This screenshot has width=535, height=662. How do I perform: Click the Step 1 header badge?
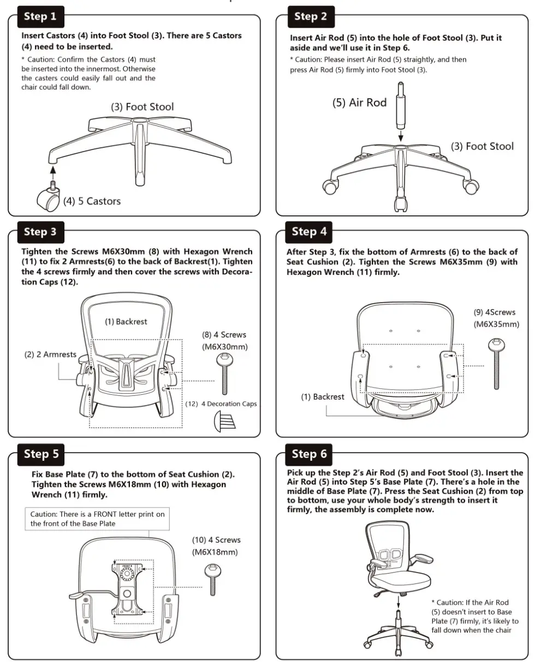pyautogui.click(x=40, y=16)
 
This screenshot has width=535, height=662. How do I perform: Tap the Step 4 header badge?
pyautogui.click(x=310, y=231)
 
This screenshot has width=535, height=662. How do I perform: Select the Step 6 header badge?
pyautogui.click(x=309, y=454)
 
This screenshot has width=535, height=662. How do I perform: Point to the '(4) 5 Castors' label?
pyautogui.click(x=92, y=201)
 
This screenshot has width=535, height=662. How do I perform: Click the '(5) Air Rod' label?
pyautogui.click(x=359, y=103)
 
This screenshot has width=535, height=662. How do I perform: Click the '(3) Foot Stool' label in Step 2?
pyautogui.click(x=482, y=146)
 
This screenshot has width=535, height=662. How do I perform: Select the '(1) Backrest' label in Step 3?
pyautogui.click(x=126, y=322)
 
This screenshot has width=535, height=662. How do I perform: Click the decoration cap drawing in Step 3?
pyautogui.click(x=225, y=422)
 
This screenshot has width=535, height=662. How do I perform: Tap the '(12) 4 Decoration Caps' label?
pyautogui.click(x=221, y=404)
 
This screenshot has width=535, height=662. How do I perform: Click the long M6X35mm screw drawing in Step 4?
pyautogui.click(x=496, y=363)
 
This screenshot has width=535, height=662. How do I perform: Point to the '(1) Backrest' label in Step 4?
pyautogui.click(x=323, y=397)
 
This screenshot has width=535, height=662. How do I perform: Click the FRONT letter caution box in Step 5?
pyautogui.click(x=97, y=519)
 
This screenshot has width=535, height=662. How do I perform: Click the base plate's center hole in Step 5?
pyautogui.click(x=127, y=592)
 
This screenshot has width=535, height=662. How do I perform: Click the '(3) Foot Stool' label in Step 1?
pyautogui.click(x=142, y=107)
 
